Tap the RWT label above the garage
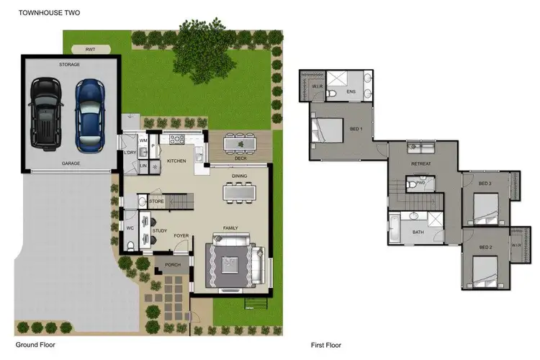[x=90, y=50]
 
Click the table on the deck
[x=240, y=144]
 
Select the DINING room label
[x=240, y=176]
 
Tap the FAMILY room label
[x=230, y=228]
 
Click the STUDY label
[x=160, y=231]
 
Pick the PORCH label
[x=173, y=264]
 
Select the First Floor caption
[x=325, y=344]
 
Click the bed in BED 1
[x=328, y=130]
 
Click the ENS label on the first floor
[x=351, y=92]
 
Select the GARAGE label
[x=70, y=163]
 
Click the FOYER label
[x=181, y=235]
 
